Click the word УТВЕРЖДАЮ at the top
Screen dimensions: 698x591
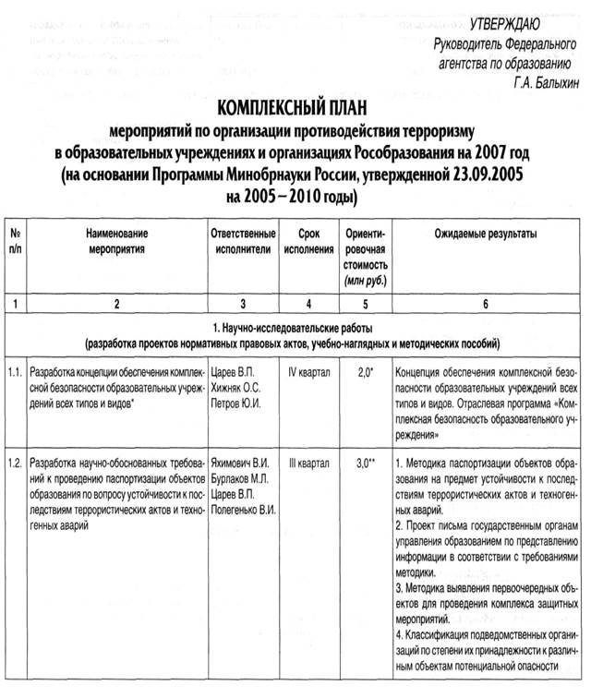point(516,23)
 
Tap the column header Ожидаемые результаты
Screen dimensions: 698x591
point(481,235)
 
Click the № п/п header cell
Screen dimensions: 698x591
point(14,242)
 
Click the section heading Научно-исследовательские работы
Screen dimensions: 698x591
point(295,330)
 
